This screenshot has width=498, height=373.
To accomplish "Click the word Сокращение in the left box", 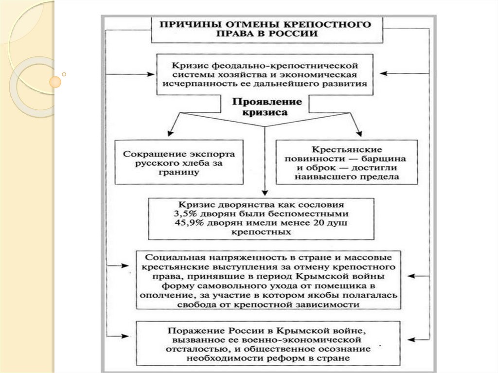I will [x=146, y=154].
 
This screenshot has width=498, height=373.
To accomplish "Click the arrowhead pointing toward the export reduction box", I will [x=170, y=133].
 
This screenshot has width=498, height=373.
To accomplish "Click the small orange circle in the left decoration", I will [x=57, y=81].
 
